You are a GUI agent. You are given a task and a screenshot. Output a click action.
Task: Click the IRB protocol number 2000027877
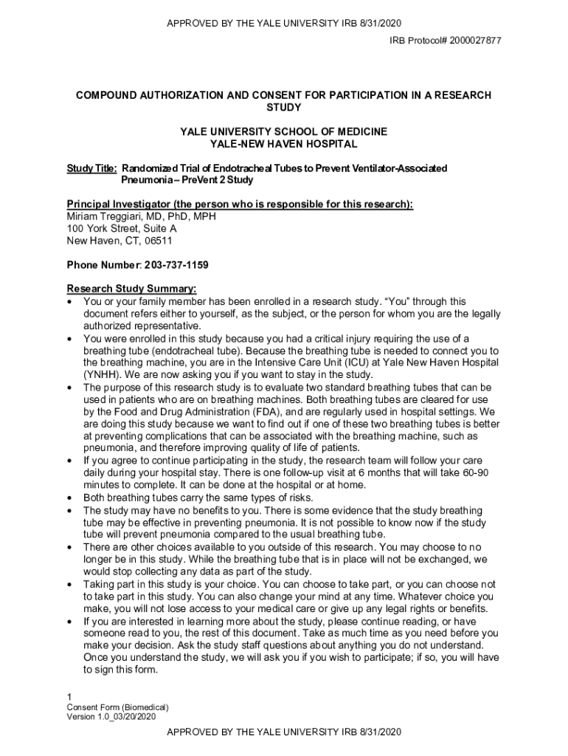[x=473, y=40]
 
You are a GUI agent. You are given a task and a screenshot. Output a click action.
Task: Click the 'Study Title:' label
[x=92, y=168]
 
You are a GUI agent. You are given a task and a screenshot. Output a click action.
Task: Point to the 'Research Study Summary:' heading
[x=132, y=289]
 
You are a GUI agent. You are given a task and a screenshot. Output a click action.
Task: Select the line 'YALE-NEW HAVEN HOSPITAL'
[x=284, y=144]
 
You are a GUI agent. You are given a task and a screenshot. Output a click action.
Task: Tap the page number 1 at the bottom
[x=69, y=697]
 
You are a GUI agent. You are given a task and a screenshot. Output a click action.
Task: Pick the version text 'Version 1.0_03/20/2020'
[x=111, y=717]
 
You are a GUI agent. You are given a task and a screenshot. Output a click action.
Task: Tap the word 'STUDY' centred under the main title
[x=284, y=107]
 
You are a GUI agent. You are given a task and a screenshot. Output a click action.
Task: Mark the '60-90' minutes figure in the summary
[x=483, y=472]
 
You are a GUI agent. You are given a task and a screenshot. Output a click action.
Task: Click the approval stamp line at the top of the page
[x=284, y=24]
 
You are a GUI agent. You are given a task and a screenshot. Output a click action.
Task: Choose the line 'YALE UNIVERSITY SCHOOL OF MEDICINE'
[x=284, y=131]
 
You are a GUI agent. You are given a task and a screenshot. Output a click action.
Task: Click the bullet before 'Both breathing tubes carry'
[x=69, y=498]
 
